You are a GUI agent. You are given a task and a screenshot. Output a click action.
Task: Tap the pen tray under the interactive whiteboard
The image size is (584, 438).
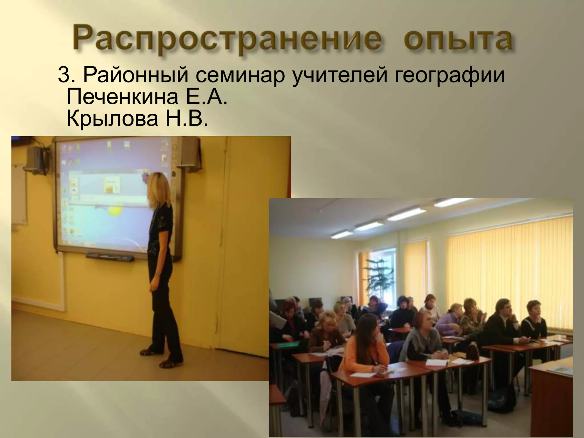point(110,257)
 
